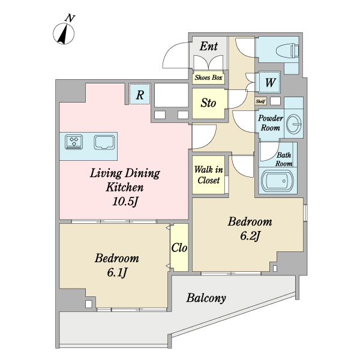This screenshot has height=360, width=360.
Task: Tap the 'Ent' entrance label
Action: click(208, 46)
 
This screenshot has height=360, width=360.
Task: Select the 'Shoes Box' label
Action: click(208, 77)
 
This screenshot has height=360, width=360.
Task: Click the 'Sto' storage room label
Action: click(208, 103)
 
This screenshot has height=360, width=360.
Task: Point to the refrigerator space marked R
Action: click(140, 94)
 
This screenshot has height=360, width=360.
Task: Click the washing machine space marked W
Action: click(270, 82)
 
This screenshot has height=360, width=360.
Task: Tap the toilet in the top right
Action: click(287, 51)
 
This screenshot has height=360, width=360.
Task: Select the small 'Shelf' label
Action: click(261, 101)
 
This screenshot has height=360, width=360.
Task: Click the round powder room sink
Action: click(294, 124)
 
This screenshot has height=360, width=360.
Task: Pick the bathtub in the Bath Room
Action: click(278, 181)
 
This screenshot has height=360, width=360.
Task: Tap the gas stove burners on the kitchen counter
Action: click(74, 142)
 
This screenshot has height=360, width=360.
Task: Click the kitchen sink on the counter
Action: click(104, 142)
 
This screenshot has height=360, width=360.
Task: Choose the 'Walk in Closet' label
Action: click(208, 175)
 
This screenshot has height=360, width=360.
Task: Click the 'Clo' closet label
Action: click(179, 248)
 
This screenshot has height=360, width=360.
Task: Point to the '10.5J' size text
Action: click(125, 202)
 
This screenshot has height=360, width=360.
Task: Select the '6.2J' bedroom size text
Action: click(250, 236)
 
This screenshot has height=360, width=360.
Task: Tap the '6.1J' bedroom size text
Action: click(117, 272)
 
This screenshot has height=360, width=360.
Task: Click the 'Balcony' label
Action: click(206, 298)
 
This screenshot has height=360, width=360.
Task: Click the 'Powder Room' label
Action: click(270, 123)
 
